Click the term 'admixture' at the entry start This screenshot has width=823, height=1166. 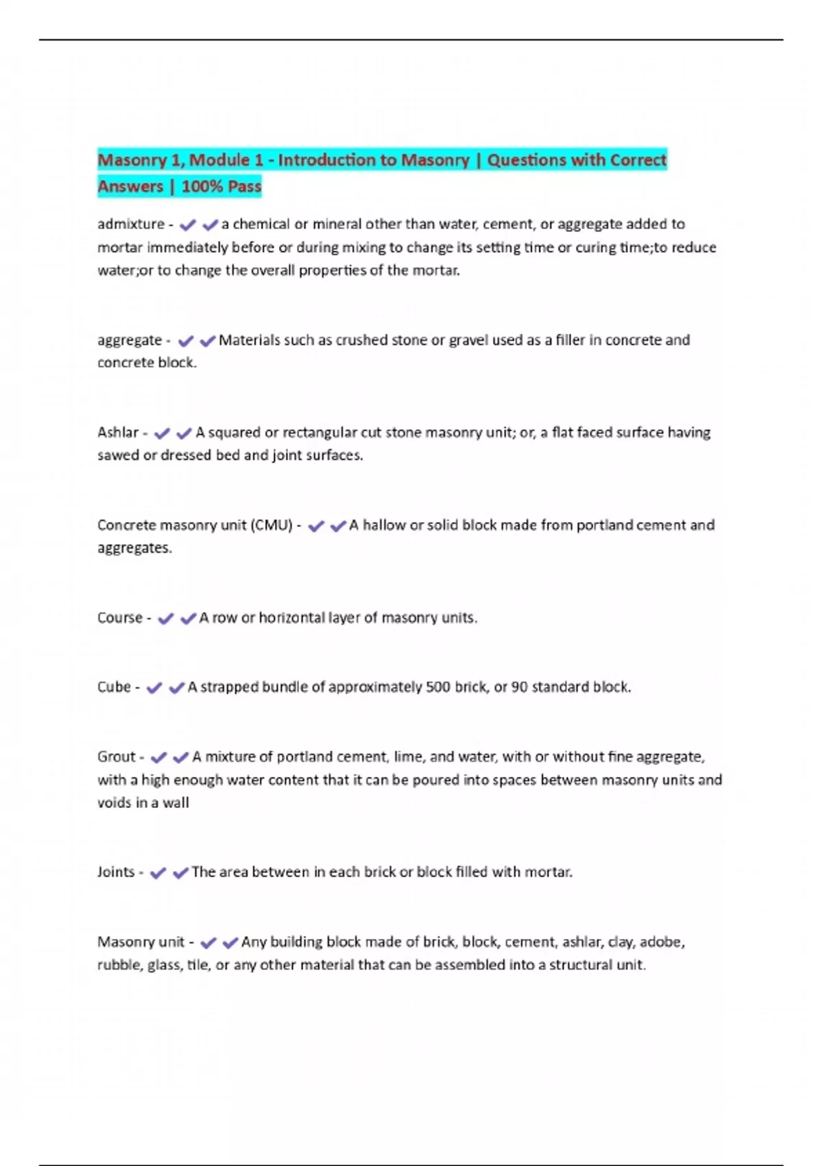click(x=130, y=224)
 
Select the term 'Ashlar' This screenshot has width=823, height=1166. click(x=118, y=433)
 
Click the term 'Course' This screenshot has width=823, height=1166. click(x=119, y=618)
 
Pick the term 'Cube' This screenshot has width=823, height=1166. click(x=114, y=687)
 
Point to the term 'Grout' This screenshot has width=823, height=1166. click(x=117, y=757)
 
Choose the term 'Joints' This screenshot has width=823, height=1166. click(x=116, y=872)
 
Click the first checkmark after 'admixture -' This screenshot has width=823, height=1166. click(x=187, y=225)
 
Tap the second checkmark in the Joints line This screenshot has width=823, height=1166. click(x=180, y=873)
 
